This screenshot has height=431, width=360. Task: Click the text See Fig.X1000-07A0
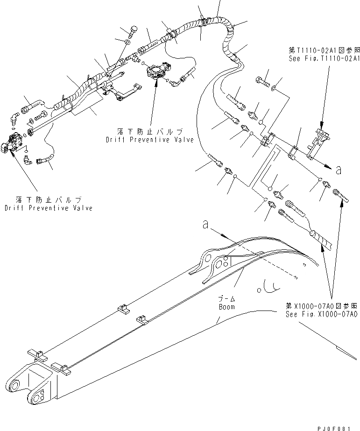[x=322, y=315]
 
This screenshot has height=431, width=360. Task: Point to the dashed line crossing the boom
[x=275, y=264]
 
